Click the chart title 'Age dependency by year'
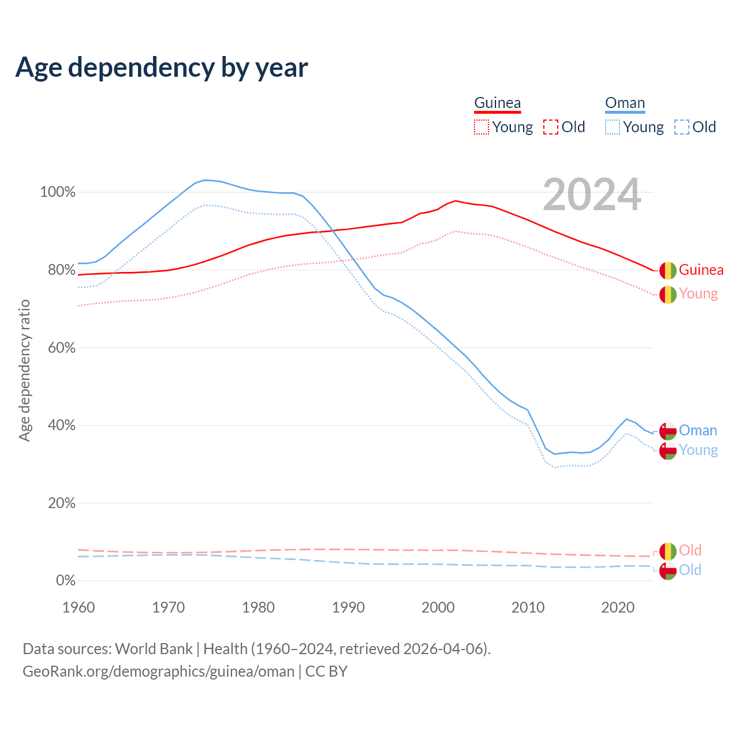click(162, 68)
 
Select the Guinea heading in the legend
click(497, 103)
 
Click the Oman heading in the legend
click(625, 103)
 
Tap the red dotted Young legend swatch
click(481, 127)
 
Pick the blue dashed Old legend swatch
click(682, 127)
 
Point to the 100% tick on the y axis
click(58, 192)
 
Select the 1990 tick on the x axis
click(348, 607)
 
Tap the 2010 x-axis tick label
click(528, 607)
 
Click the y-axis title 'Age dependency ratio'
click(24, 370)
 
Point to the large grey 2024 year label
click(592, 195)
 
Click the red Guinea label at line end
click(701, 270)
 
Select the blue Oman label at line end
click(697, 430)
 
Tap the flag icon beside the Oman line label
click(668, 431)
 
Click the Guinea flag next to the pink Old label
click(668, 551)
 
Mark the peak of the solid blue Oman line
click(204, 180)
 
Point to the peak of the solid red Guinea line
click(456, 201)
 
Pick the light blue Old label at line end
click(690, 570)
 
